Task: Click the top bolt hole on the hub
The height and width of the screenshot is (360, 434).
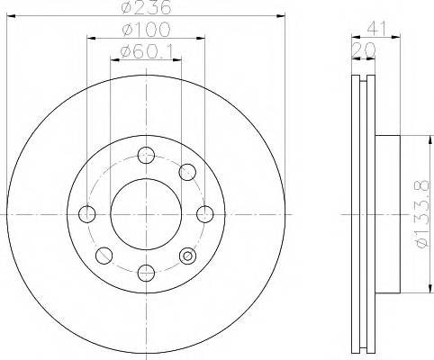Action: pyautogui.click(x=146, y=154)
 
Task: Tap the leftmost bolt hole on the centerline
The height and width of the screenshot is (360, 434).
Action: pyautogui.click(x=87, y=213)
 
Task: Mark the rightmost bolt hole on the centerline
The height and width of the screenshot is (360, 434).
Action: pyautogui.click(x=204, y=213)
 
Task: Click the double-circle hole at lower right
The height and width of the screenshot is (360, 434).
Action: pyautogui.click(x=187, y=255)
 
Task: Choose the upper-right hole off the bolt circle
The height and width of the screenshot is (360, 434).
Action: pyautogui.click(x=187, y=172)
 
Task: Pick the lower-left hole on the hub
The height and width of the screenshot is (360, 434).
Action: pyautogui.click(x=104, y=255)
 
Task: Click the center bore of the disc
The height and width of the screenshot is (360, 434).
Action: pyautogui.click(x=146, y=213)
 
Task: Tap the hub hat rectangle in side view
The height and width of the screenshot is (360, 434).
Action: pyautogui.click(x=384, y=213)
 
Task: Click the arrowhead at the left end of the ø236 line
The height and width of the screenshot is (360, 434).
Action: pyautogui.click(x=7, y=16)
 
